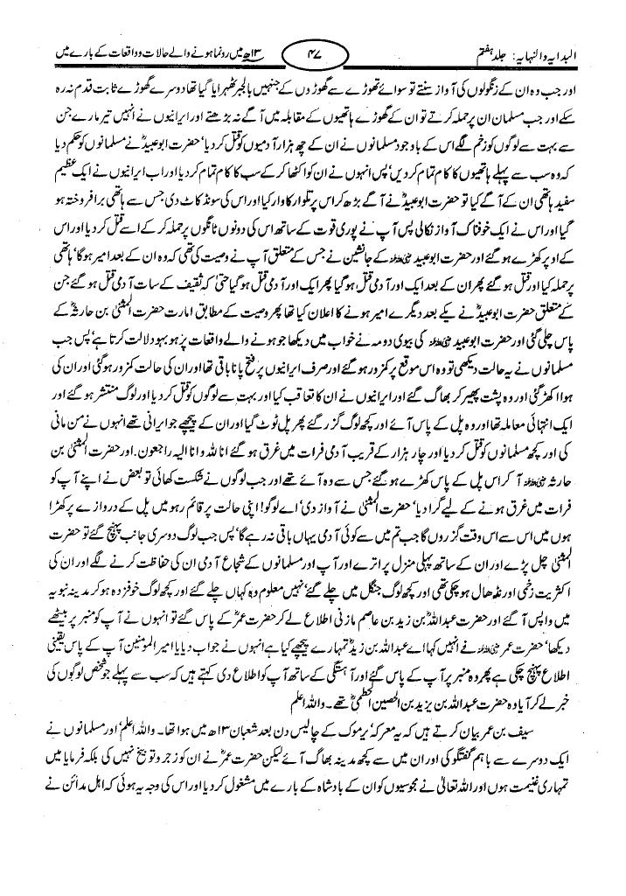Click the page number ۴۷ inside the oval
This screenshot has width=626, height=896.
(x=313, y=59)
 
